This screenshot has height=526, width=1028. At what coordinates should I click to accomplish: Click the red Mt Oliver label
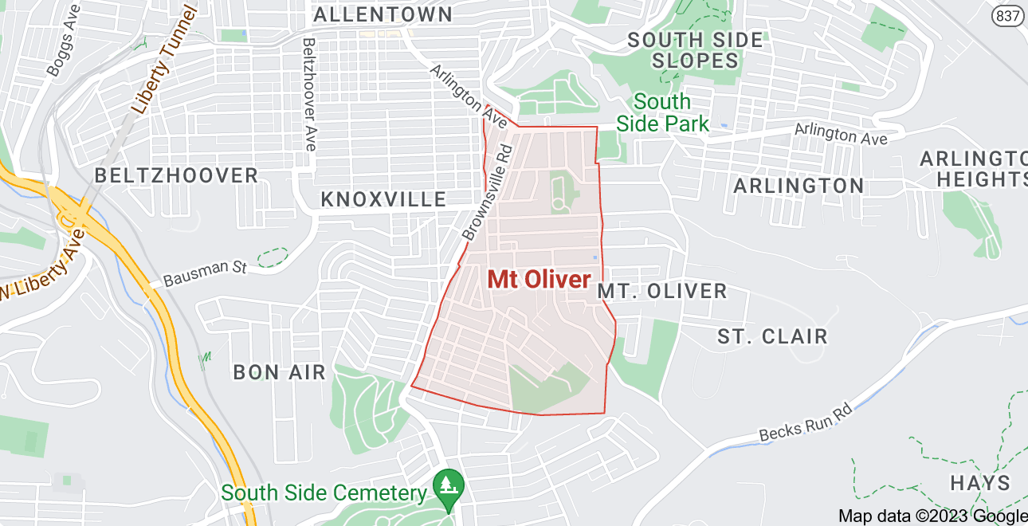pyautogui.click(x=539, y=280)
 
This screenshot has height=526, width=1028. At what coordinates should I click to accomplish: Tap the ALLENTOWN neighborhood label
pyautogui.click(x=383, y=14)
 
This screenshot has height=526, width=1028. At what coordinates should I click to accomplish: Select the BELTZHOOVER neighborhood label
pyautogui.click(x=176, y=175)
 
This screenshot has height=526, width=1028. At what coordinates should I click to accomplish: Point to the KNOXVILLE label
pyautogui.click(x=383, y=199)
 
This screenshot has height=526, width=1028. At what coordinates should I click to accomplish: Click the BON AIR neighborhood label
pyautogui.click(x=279, y=371)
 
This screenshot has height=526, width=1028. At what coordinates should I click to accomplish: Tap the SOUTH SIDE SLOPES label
pyautogui.click(x=695, y=49)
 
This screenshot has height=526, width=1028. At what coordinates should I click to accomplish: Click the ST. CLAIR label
pyautogui.click(x=772, y=336)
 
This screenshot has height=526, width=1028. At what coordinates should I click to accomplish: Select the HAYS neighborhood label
pyautogui.click(x=980, y=483)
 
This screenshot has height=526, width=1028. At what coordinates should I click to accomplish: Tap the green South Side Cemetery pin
pyautogui.click(x=448, y=484)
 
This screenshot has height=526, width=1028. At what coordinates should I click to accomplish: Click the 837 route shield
pyautogui.click(x=1009, y=15)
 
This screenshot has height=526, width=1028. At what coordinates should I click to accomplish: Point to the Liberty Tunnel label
pyautogui.click(x=164, y=60)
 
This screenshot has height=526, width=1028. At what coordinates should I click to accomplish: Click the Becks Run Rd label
pyautogui.click(x=805, y=422)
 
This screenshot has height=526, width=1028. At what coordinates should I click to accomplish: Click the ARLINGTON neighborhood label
pyautogui.click(x=798, y=186)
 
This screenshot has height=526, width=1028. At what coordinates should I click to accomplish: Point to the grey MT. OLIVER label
pyautogui.click(x=662, y=291)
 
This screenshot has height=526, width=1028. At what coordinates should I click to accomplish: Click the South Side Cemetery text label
pyautogui.click(x=325, y=493)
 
